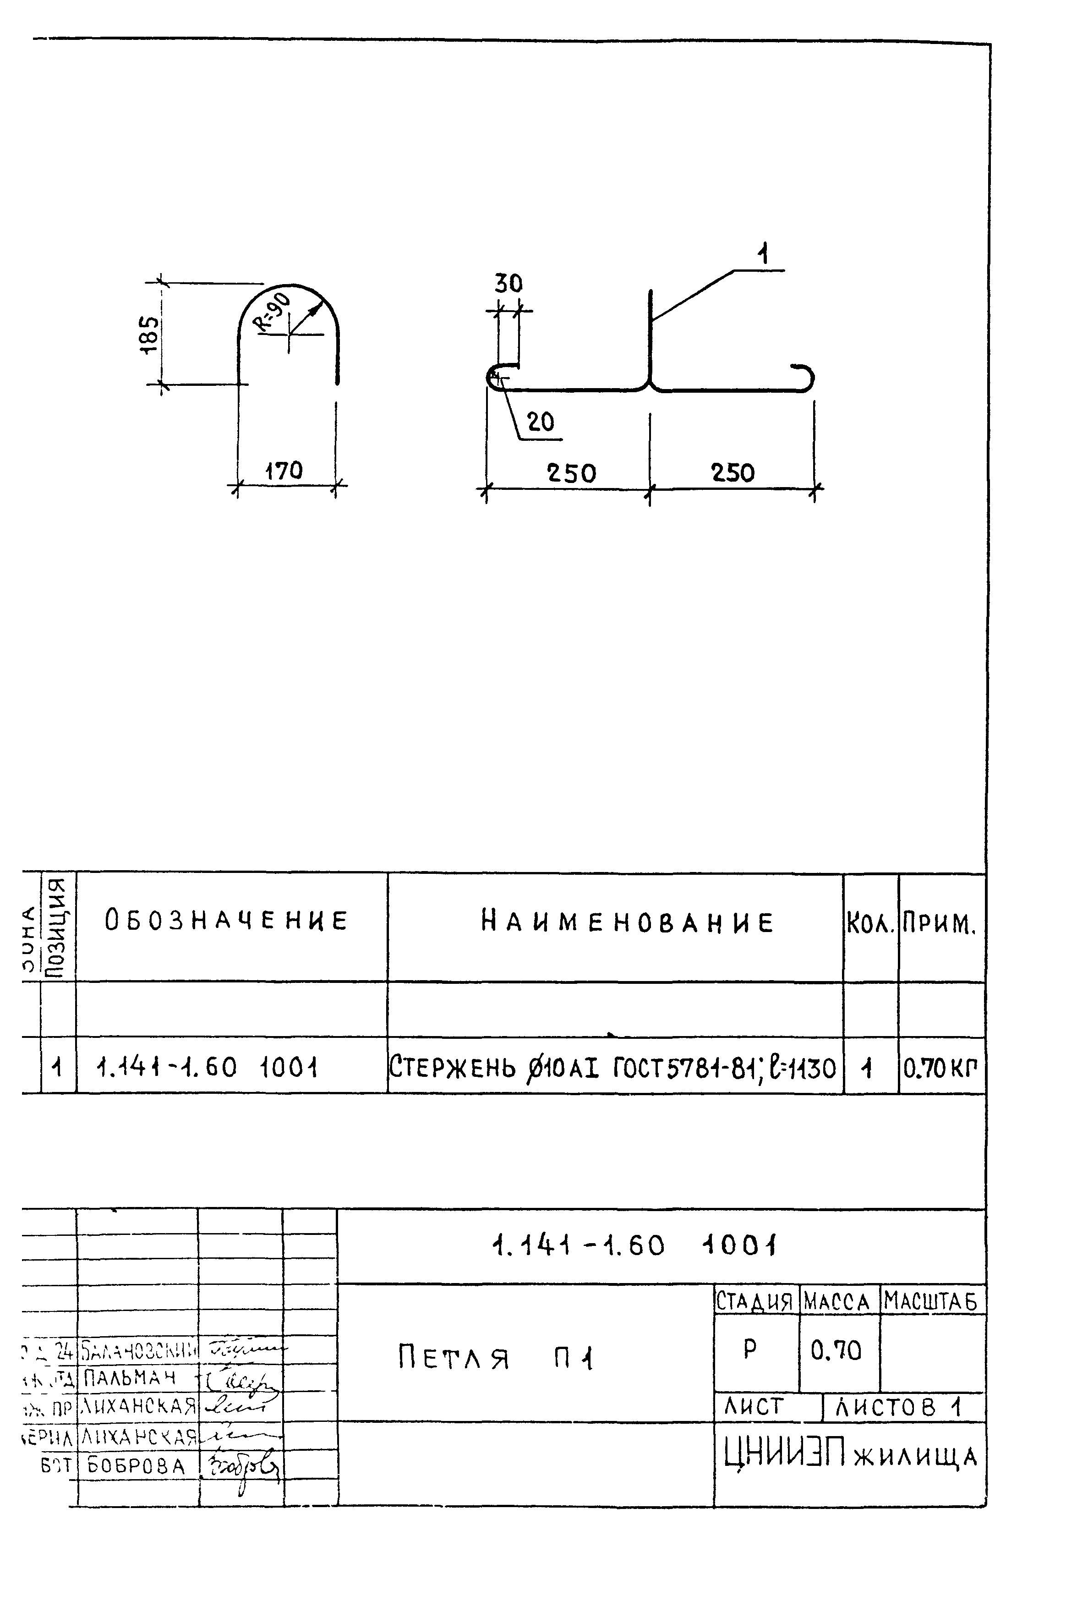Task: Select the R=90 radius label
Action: pos(275,311)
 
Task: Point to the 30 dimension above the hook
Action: pos(508,284)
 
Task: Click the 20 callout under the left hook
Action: pos(541,422)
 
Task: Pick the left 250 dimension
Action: pos(571,473)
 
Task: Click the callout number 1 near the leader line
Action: pos(763,255)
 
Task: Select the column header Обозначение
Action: pos(227,921)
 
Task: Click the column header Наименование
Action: pos(627,921)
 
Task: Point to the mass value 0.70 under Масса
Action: pos(836,1351)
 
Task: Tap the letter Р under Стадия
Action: pos(750,1349)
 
